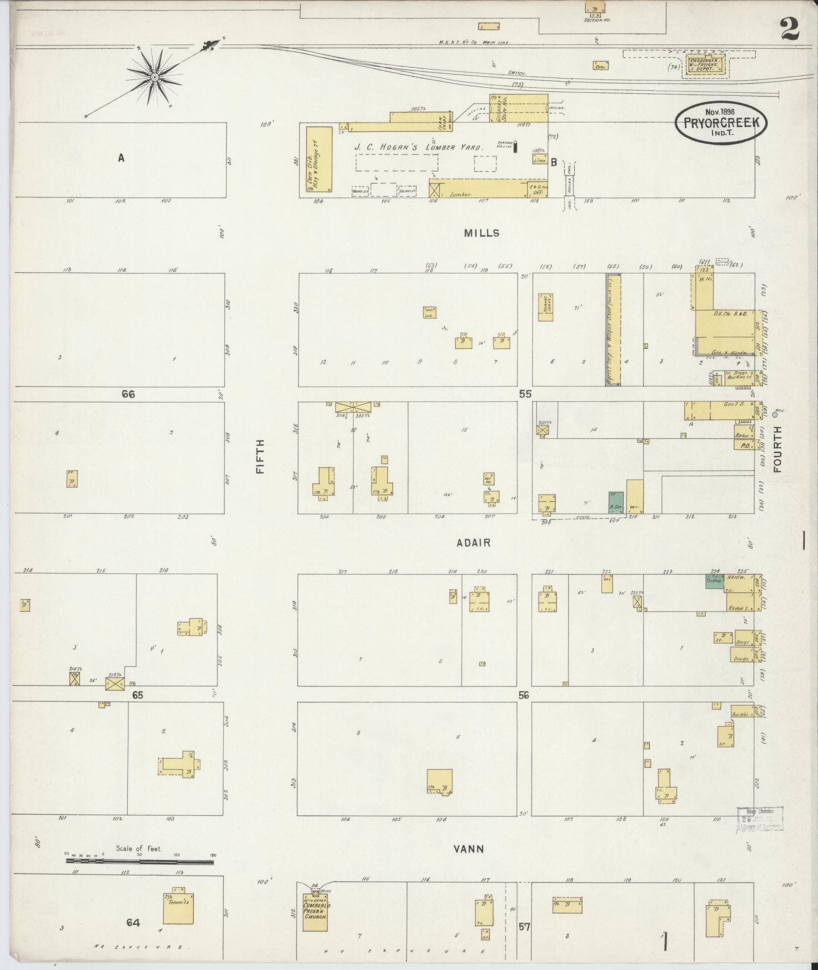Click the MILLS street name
pyautogui.click(x=481, y=233)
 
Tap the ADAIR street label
pyautogui.click(x=473, y=543)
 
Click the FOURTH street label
pyautogui.click(x=777, y=449)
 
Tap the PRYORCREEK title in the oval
pyautogui.click(x=721, y=123)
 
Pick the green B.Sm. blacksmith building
pyautogui.click(x=617, y=502)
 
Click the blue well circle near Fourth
pyautogui.click(x=774, y=415)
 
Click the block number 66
pyautogui.click(x=128, y=394)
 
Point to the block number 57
pyautogui.click(x=524, y=927)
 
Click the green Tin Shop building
pyautogui.click(x=715, y=581)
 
